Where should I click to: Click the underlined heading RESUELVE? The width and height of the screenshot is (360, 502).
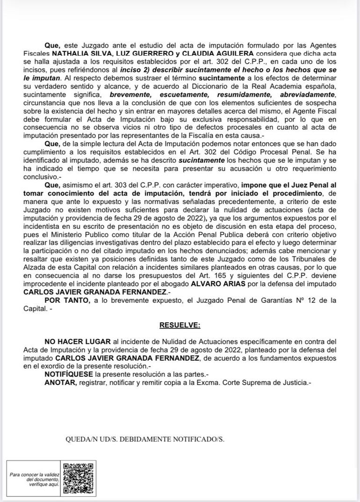pos(180,325)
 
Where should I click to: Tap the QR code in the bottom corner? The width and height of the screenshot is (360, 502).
pos(78,478)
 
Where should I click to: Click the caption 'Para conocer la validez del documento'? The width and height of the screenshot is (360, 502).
pos(35,477)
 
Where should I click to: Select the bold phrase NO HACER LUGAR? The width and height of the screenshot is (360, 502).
pos(71,342)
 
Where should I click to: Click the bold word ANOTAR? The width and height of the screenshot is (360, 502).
pos(60,382)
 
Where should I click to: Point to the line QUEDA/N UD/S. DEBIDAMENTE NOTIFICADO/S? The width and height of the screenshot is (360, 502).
pos(145,440)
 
